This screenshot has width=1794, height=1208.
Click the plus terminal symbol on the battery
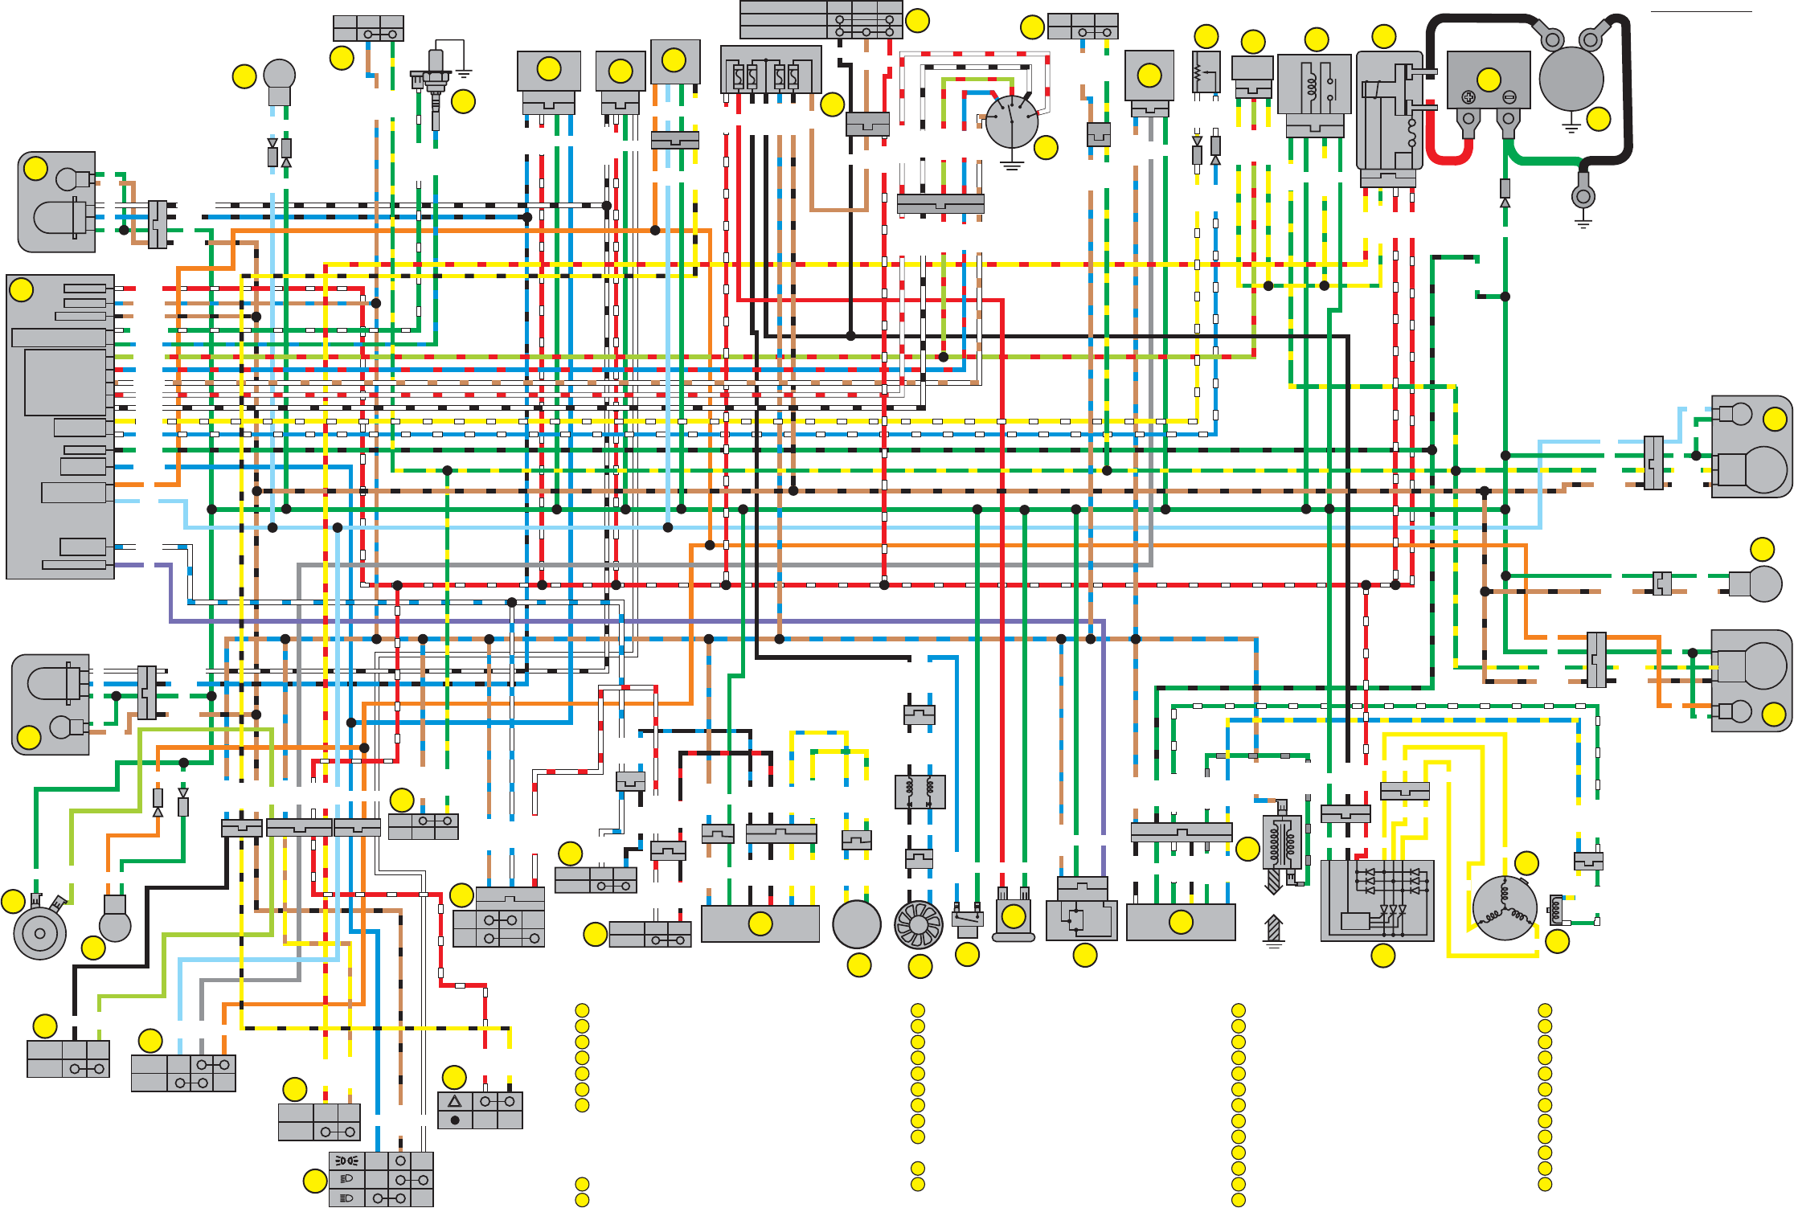pyautogui.click(x=1468, y=97)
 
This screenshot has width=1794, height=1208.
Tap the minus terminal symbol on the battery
pyautogui.click(x=1509, y=97)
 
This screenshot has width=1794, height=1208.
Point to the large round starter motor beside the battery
pyautogui.click(x=1571, y=78)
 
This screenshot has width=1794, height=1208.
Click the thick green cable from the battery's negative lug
pyautogui.click(x=1543, y=160)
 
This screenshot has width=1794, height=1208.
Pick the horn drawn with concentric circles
pyautogui.click(x=39, y=932)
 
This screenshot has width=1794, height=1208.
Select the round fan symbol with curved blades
pyautogui.click(x=918, y=924)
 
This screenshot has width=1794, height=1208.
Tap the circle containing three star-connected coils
pyautogui.click(x=1505, y=908)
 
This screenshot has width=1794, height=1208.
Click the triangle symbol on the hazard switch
pyautogui.click(x=455, y=1101)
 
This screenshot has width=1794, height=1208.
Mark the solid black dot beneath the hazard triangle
pyautogui.click(x=455, y=1120)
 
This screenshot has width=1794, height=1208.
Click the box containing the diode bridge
pyautogui.click(x=1377, y=900)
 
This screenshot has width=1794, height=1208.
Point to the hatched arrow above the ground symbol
pyautogui.click(x=1273, y=928)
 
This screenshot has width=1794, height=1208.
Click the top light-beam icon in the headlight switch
pyautogui.click(x=346, y=1161)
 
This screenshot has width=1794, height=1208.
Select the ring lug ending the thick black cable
pyautogui.click(x=1583, y=197)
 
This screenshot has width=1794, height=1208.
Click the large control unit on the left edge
pyautogui.click(x=60, y=426)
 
